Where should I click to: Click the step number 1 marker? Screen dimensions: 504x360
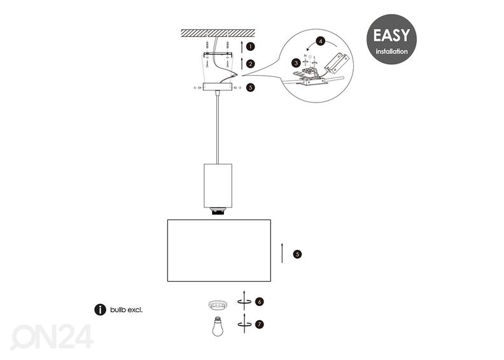pyautogui.click(x=251, y=46)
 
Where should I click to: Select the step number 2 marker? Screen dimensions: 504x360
pyautogui.click(x=251, y=64)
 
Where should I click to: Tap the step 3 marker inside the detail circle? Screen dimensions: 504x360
pyautogui.click(x=296, y=63)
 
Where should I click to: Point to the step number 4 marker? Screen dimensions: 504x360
pyautogui.click(x=321, y=41)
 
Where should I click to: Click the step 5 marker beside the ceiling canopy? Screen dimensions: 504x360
pyautogui.click(x=251, y=87)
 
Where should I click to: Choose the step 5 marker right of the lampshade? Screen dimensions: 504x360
pyautogui.click(x=297, y=254)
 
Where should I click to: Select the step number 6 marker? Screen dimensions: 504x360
pyautogui.click(x=259, y=302)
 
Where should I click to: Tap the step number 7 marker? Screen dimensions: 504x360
pyautogui.click(x=259, y=324)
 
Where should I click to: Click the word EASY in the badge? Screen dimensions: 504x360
pyautogui.click(x=391, y=36)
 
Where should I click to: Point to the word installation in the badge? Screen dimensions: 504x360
pyautogui.click(x=391, y=52)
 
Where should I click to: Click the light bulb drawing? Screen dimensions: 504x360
pyautogui.click(x=218, y=326)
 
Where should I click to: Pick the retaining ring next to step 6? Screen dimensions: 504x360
pyautogui.click(x=218, y=305)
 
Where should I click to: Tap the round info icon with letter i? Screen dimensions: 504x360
pyautogui.click(x=101, y=310)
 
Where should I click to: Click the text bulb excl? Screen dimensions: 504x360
pyautogui.click(x=126, y=310)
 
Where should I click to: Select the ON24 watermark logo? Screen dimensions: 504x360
pyautogui.click(x=52, y=337)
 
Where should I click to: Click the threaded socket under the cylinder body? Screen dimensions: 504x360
pyautogui.click(x=218, y=212)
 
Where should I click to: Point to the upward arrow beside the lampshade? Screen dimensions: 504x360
pyautogui.click(x=282, y=253)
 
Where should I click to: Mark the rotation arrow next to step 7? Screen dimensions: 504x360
pyautogui.click(x=244, y=324)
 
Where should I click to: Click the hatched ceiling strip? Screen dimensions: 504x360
pyautogui.click(x=218, y=33)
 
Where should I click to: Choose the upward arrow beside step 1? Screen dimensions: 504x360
pyautogui.click(x=242, y=46)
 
